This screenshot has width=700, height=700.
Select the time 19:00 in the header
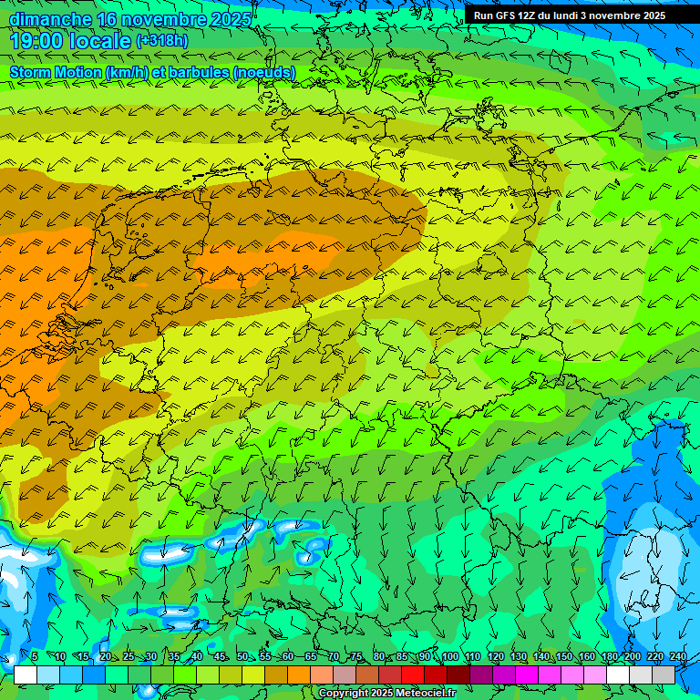[x=36, y=41]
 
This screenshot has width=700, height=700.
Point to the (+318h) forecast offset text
[x=161, y=41]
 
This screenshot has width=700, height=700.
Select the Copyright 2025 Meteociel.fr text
[x=386, y=693]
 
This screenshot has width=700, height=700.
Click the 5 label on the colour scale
[x=34, y=657]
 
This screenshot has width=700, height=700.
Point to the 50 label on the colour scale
[x=242, y=657]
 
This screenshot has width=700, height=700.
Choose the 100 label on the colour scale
[x=449, y=657]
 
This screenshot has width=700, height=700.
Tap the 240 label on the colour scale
[x=677, y=657]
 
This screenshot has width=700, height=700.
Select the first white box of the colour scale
[x=26, y=674]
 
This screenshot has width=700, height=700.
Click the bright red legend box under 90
[x=413, y=674]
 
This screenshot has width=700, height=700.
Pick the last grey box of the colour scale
[x=664, y=674]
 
